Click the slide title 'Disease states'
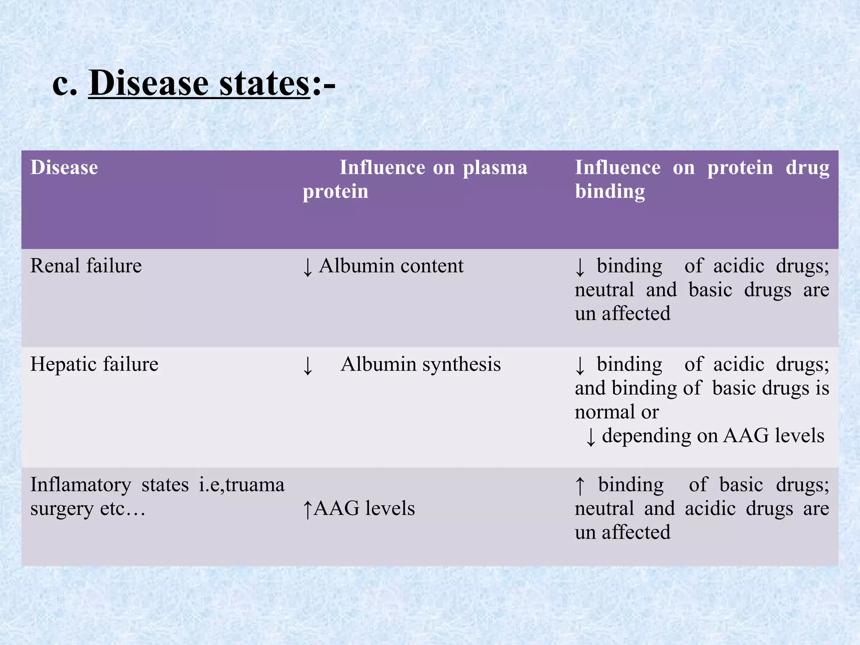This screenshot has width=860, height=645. click(x=199, y=83)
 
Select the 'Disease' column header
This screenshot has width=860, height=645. click(x=64, y=168)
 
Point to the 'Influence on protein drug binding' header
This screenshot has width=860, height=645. click(x=702, y=179)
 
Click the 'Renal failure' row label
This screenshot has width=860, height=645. click(x=86, y=266)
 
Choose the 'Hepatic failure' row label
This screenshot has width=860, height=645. click(x=94, y=364)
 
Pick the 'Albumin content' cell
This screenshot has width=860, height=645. click(x=391, y=266)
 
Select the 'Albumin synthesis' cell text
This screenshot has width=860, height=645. click(x=420, y=364)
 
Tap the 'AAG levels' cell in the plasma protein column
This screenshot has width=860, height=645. click(x=364, y=509)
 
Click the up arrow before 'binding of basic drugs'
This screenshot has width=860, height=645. click(x=580, y=485)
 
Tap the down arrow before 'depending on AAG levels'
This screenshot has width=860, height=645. click(x=590, y=437)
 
